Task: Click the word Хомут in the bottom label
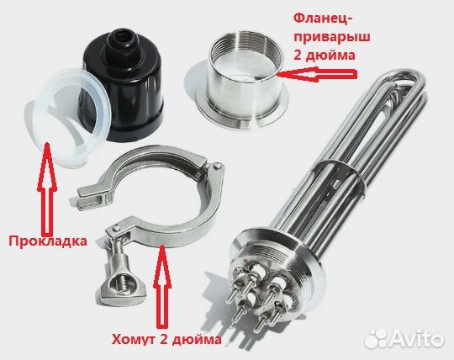pyautogui.click(x=135, y=341)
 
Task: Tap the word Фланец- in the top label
pyautogui.click(x=324, y=18)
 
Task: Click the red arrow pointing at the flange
pyautogui.click(x=316, y=73)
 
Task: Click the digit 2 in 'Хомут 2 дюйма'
pyautogui.click(x=161, y=341)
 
